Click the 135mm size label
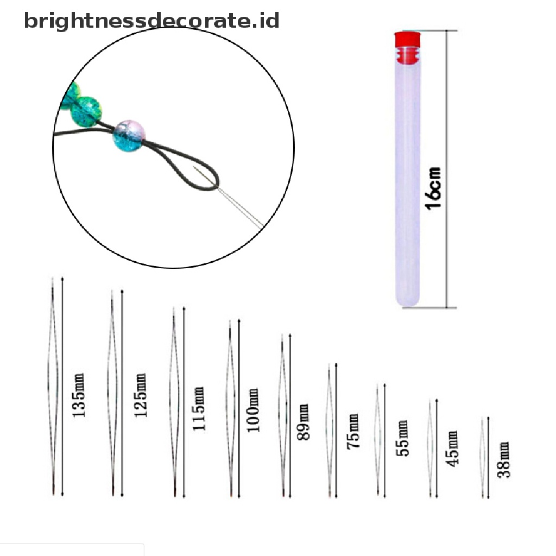click(79, 395)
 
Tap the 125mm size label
click(141, 395)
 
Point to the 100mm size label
click(253, 410)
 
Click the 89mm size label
click(303, 422)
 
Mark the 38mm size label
click(504, 459)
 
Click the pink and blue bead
click(126, 135)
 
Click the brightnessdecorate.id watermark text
click(151, 21)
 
